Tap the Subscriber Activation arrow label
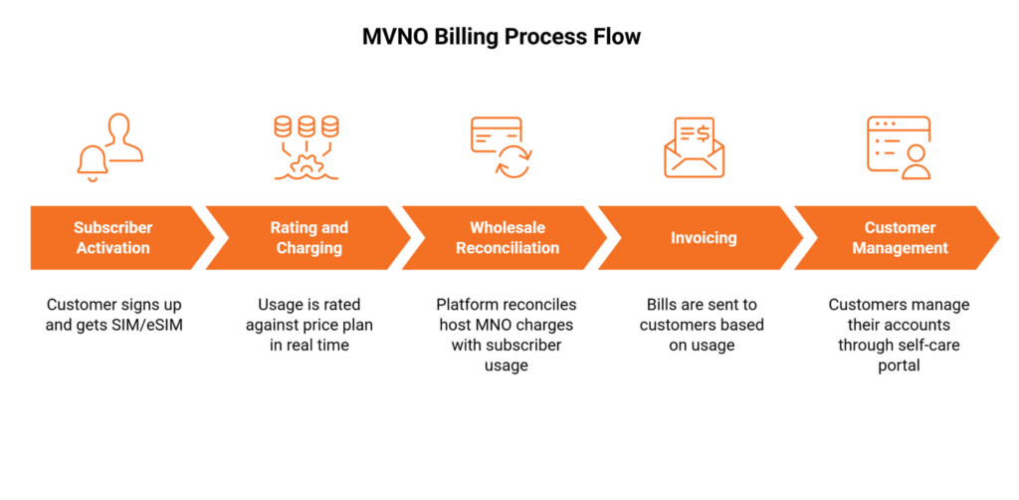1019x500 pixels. click(112, 238)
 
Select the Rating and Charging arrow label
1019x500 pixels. click(308, 238)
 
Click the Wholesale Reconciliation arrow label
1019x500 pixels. click(508, 238)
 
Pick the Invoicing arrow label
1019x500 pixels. click(704, 238)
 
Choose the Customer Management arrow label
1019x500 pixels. click(900, 238)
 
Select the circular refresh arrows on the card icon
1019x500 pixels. click(514, 162)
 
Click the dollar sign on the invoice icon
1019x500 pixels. click(702, 129)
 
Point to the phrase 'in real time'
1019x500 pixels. click(308, 345)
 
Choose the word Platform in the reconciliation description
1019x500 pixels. click(468, 305)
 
